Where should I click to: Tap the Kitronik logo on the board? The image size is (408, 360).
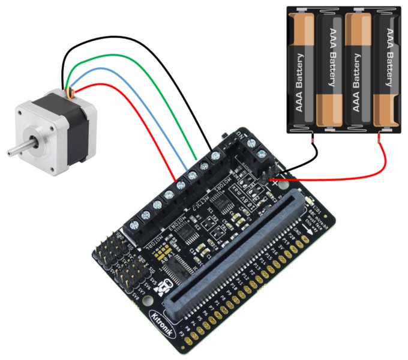click(x=161, y=314)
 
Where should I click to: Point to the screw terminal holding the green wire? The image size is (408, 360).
click(x=193, y=175)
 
